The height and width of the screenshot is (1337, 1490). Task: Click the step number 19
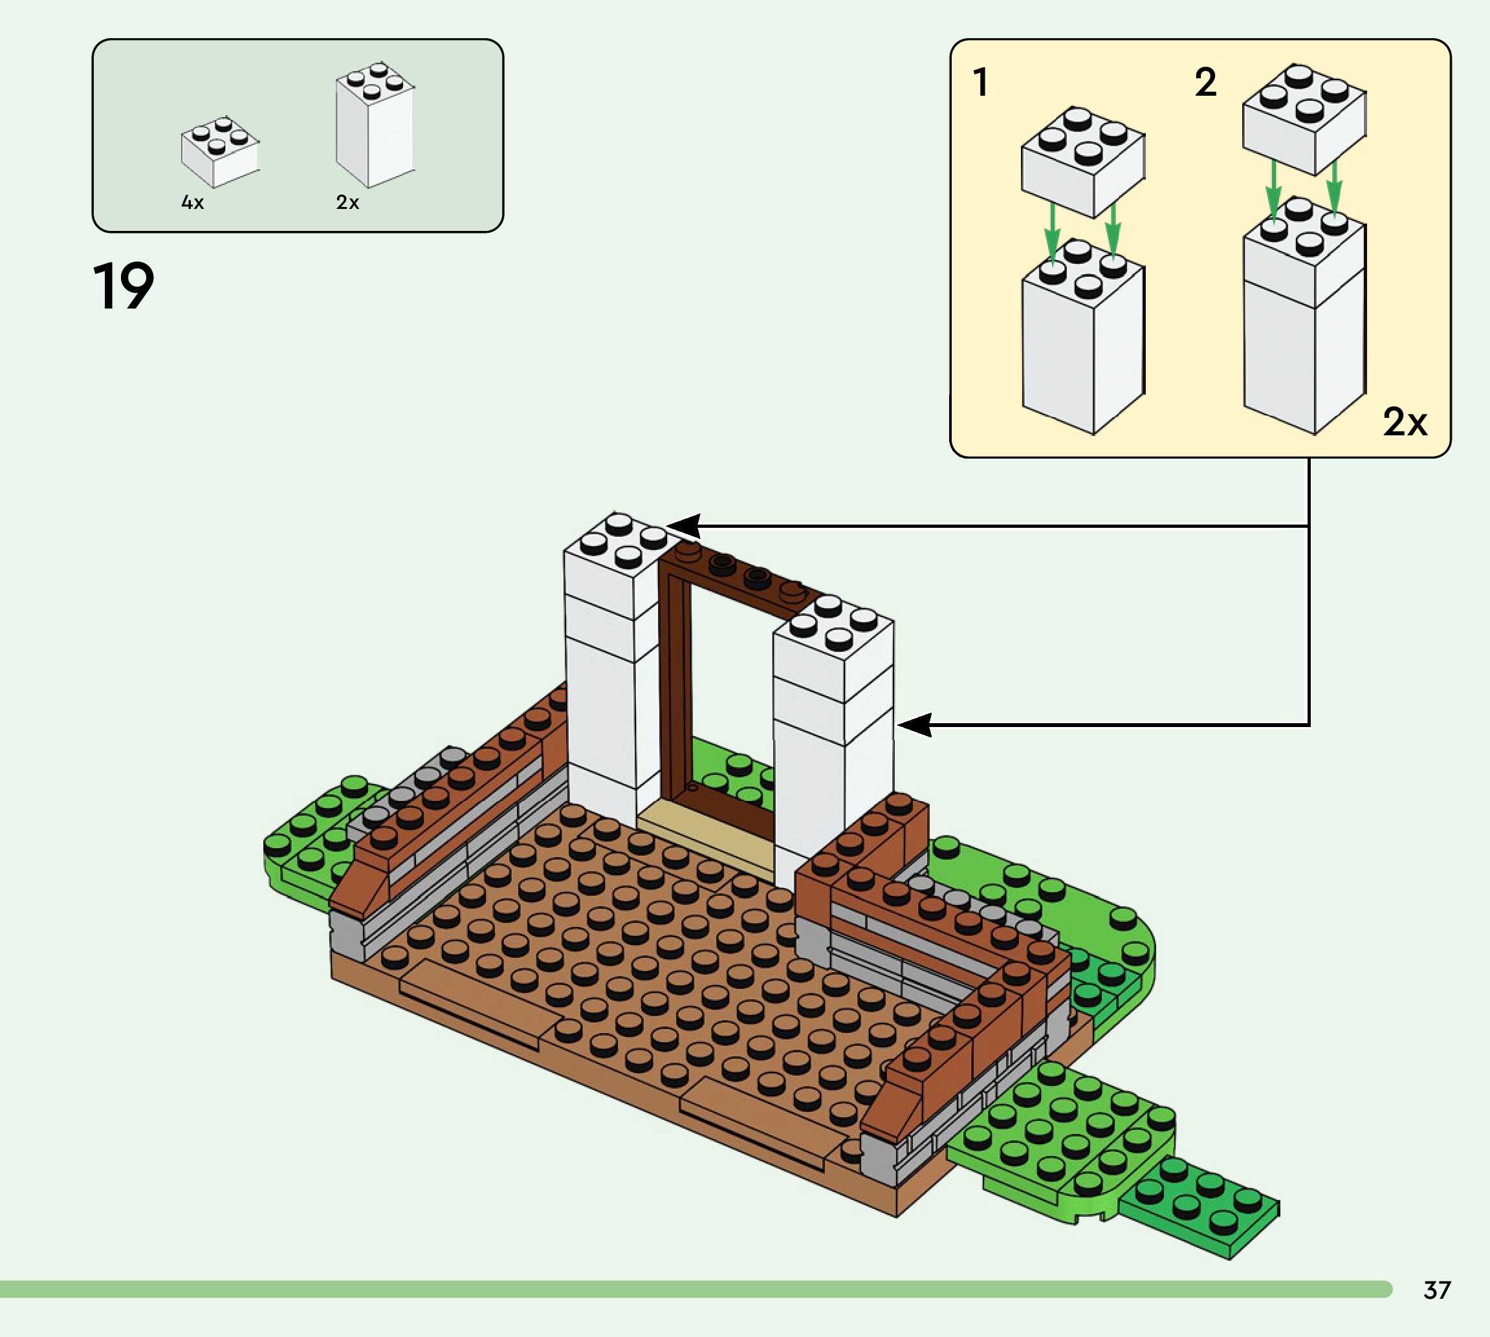[124, 286]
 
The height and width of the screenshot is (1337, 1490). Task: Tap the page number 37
[1437, 1290]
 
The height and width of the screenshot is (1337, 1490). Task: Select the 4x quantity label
[193, 202]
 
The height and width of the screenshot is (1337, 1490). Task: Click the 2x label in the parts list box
[347, 202]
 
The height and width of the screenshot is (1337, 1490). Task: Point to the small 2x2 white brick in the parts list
[220, 151]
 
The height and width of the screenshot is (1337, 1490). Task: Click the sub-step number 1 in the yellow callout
[980, 82]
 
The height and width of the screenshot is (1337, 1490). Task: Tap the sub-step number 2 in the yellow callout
[1206, 82]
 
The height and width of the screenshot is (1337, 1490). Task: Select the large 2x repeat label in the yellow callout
[1404, 422]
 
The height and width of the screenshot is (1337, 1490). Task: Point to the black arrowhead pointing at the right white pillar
[915, 725]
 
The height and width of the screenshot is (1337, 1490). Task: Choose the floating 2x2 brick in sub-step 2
[1304, 118]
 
